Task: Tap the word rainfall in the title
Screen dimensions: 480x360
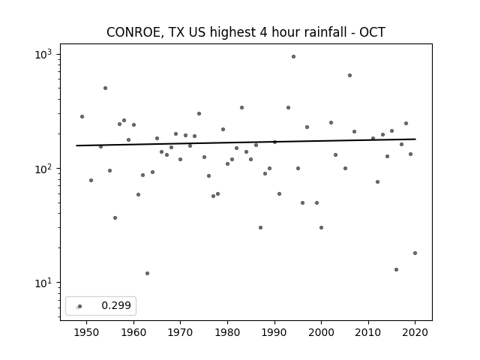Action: [x=327, y=32]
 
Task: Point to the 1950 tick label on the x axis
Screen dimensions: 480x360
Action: [x=87, y=332]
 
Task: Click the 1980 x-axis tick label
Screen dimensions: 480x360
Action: [x=227, y=332]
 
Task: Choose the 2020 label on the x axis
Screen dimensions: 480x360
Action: [x=415, y=332]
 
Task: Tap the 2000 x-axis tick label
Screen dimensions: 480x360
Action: [x=321, y=332]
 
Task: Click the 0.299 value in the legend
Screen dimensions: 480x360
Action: [x=116, y=305]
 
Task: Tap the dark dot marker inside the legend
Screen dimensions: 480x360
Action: [x=80, y=306]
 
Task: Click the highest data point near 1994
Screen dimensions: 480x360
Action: [x=293, y=57]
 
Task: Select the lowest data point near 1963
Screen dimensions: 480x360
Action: [x=147, y=273]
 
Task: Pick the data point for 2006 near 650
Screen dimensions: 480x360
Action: [x=349, y=75]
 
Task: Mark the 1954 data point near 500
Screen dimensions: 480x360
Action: [x=105, y=88]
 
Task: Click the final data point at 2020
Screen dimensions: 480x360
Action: [x=415, y=253]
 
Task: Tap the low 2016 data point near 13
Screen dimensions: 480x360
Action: [x=397, y=270]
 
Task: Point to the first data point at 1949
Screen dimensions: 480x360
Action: [x=82, y=117]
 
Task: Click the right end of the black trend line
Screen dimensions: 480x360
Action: [x=415, y=139]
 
